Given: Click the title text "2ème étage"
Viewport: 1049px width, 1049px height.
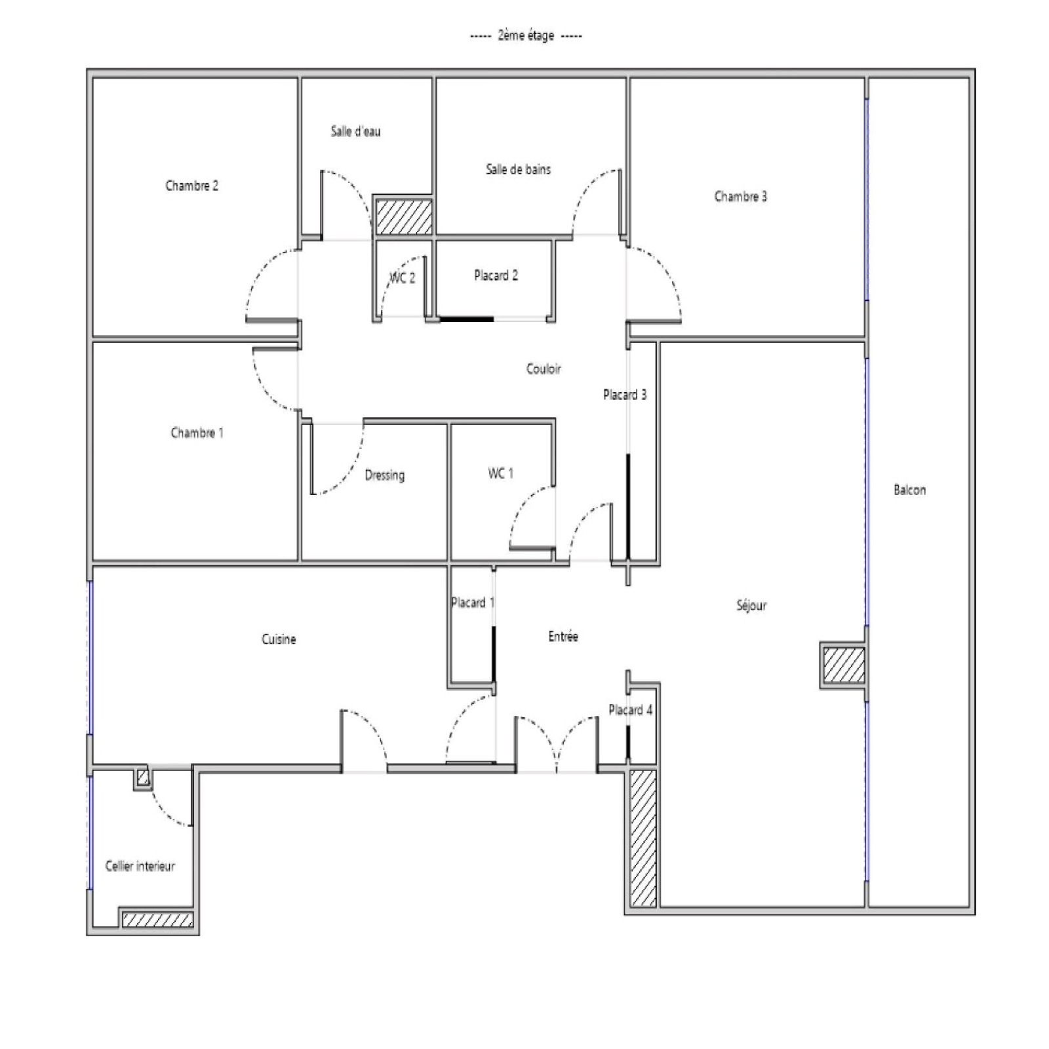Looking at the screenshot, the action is click(x=526, y=35).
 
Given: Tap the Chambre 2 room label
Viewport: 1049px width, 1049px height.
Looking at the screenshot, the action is click(x=191, y=186).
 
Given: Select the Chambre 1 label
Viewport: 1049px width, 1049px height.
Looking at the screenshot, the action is click(x=197, y=433).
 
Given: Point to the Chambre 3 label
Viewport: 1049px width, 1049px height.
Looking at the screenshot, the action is click(x=740, y=196).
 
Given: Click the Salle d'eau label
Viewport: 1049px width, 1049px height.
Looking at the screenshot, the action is click(x=355, y=131).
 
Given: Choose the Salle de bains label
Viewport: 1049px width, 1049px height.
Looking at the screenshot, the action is click(x=518, y=169).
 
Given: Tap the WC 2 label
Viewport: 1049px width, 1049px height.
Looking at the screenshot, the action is click(x=403, y=277).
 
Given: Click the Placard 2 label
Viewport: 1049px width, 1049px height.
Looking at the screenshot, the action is click(x=496, y=275).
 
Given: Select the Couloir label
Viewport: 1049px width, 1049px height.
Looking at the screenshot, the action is click(x=544, y=368).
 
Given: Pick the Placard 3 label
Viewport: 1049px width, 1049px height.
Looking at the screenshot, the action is click(x=625, y=395).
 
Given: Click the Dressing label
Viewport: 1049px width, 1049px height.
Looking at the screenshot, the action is click(x=384, y=475).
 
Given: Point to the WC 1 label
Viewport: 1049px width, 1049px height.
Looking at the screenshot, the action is click(x=500, y=473).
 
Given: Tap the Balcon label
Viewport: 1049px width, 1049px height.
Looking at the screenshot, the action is click(x=909, y=490).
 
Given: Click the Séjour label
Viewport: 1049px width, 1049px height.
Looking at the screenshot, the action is click(x=751, y=605).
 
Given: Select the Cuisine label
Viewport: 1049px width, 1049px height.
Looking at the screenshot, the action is click(x=279, y=639).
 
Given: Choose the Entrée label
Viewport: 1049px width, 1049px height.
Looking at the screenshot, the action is click(x=563, y=636).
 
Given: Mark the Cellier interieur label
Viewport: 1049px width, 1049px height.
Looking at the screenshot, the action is click(x=140, y=866).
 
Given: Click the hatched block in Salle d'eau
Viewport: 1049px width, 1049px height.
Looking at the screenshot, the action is click(x=404, y=217).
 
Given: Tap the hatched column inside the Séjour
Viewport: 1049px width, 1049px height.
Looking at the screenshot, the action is click(x=844, y=665).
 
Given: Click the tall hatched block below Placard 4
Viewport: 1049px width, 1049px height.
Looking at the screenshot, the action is click(x=643, y=838).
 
